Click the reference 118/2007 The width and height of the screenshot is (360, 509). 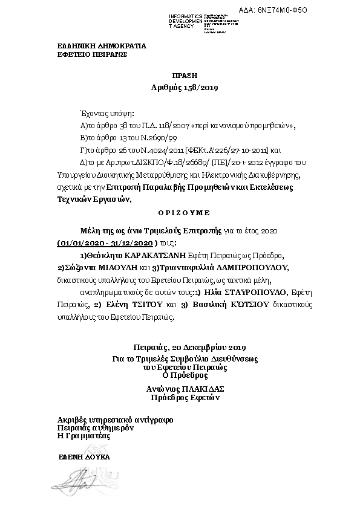(x=174, y=126)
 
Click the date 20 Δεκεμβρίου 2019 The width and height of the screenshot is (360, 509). (x=207, y=348)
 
